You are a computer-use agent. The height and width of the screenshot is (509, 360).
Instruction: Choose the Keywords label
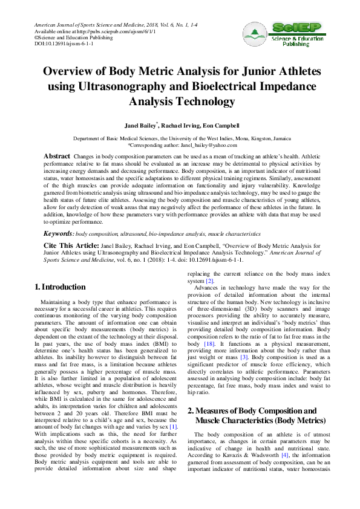[x=58, y=233]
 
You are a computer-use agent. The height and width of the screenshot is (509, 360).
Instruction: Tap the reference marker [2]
[x=209, y=281]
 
